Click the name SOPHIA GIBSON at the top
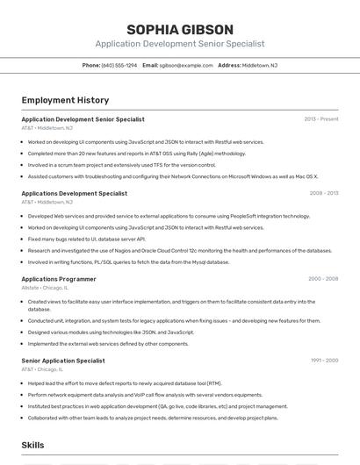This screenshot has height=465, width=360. click(179, 30)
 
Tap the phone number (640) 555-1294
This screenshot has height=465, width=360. click(119, 65)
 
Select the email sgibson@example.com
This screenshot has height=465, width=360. click(186, 65)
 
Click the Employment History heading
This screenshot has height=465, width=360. click(65, 100)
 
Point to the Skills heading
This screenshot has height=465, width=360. click(33, 445)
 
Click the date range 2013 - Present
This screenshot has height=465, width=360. click(321, 119)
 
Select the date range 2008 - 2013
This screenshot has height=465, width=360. click(323, 193)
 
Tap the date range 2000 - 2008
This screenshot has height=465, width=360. click(323, 279)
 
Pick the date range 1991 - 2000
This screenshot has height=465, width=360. click(324, 361)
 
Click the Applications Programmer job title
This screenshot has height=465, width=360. click(59, 279)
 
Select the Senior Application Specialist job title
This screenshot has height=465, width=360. click(63, 361)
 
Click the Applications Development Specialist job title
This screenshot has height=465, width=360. click(75, 193)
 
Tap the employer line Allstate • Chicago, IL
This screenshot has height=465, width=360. click(45, 288)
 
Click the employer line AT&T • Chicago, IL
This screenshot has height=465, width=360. click(43, 369)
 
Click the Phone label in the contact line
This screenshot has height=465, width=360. click(91, 65)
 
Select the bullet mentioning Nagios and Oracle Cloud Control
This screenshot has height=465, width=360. click(179, 250)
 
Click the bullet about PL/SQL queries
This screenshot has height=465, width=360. click(128, 261)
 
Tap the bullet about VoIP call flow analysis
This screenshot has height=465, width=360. click(145, 395)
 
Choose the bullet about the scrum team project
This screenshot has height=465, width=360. click(121, 164)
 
